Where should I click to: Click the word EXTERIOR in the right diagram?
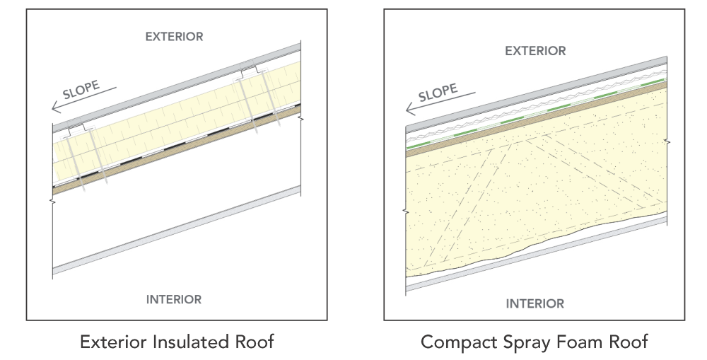click(535, 51)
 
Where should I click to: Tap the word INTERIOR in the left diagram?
click(173, 299)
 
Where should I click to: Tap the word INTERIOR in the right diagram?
click(535, 304)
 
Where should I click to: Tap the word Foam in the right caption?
click(578, 343)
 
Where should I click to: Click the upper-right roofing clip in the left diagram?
click(248, 72)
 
